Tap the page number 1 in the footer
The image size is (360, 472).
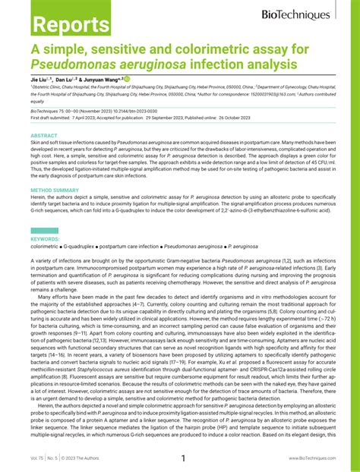tap(182, 458)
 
